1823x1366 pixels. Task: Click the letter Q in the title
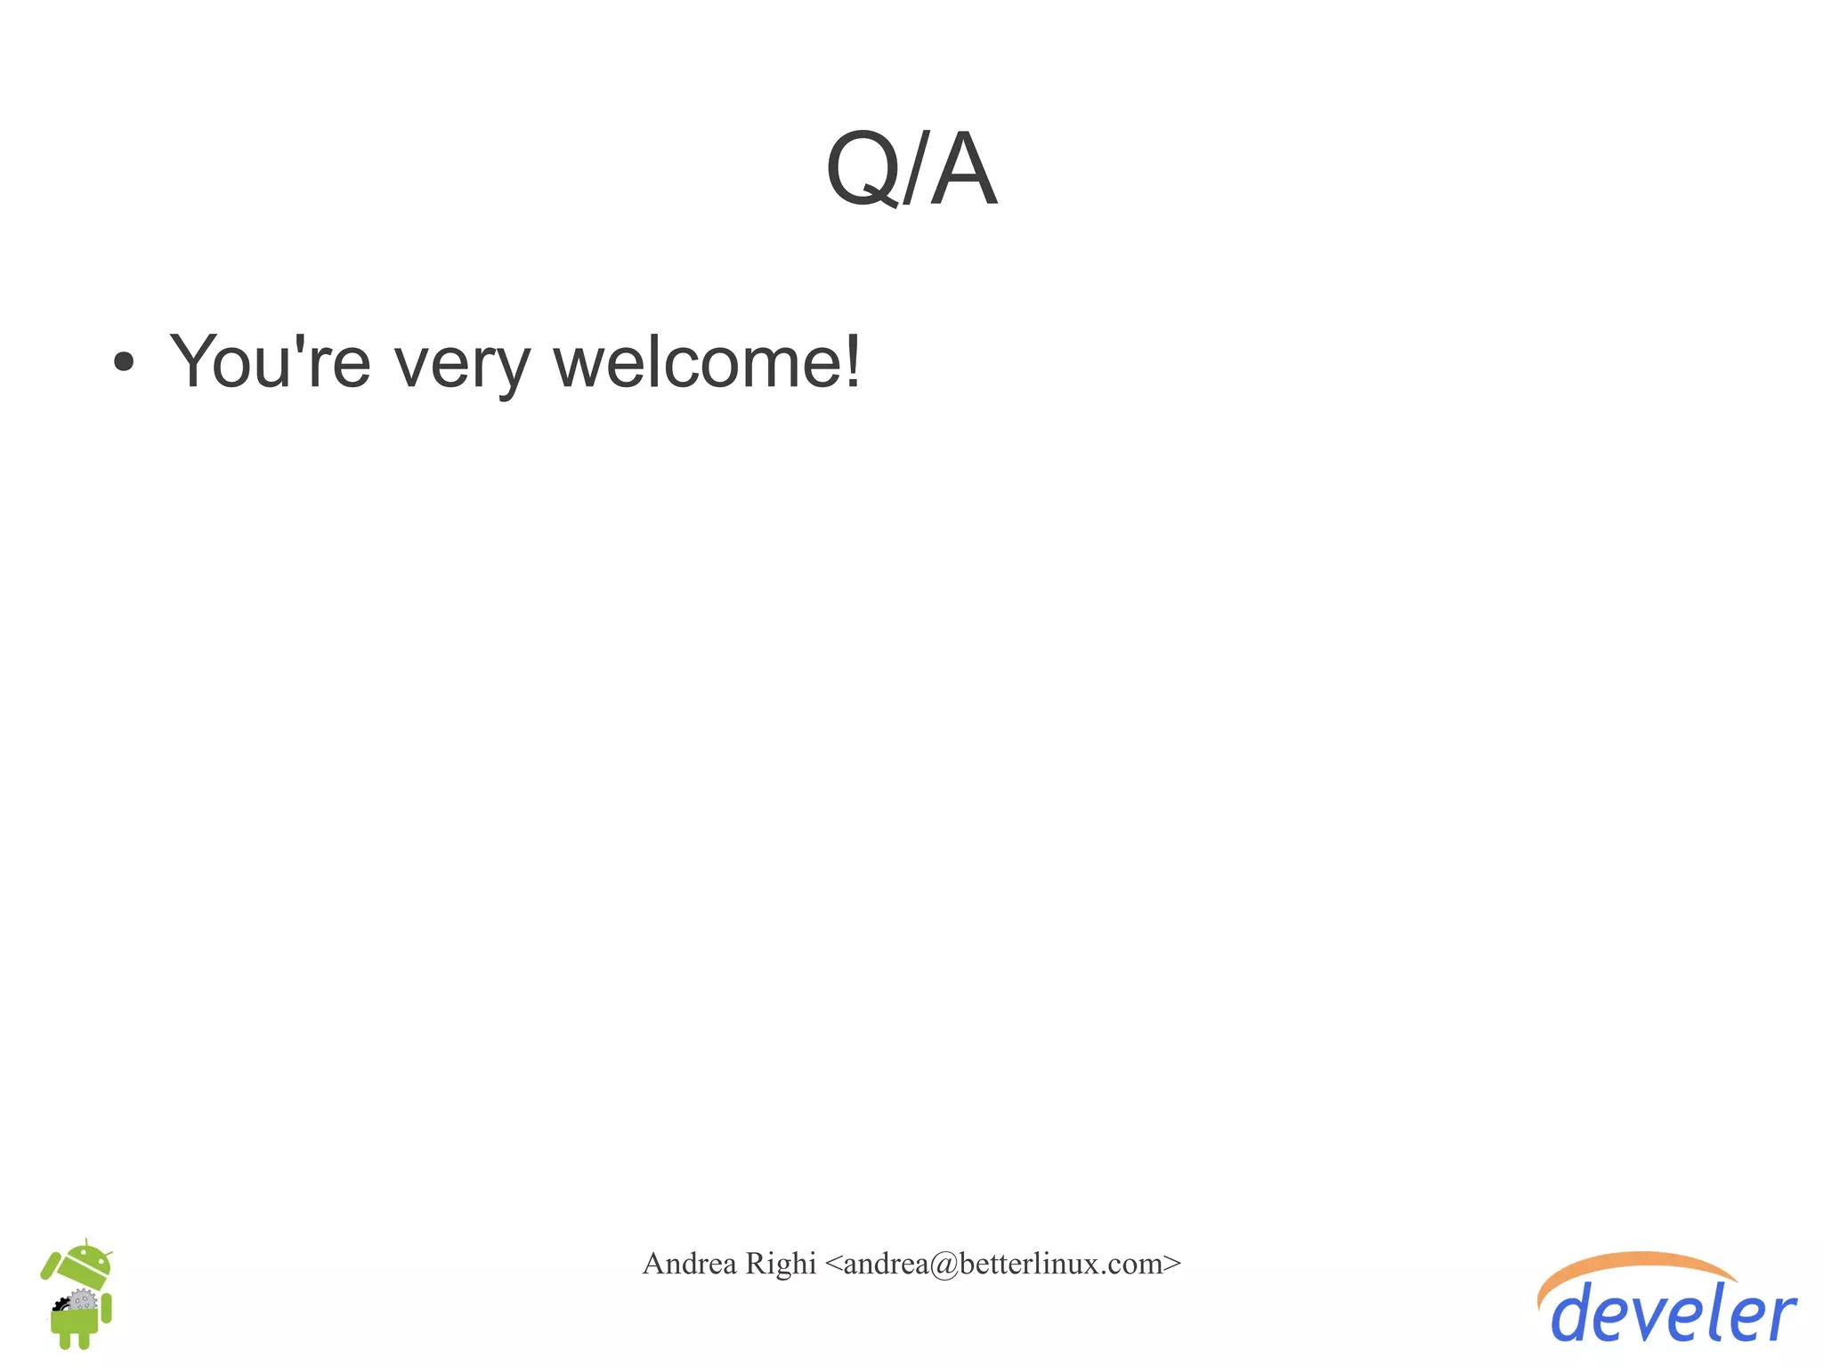click(861, 168)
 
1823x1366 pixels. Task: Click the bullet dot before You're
click(124, 362)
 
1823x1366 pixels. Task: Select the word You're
click(270, 361)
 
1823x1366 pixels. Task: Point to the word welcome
click(694, 361)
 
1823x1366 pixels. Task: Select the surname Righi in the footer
click(780, 1264)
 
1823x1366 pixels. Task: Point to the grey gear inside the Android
click(83, 1300)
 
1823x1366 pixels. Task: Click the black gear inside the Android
click(61, 1305)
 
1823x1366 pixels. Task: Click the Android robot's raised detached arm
click(50, 1265)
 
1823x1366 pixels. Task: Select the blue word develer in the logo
click(1673, 1314)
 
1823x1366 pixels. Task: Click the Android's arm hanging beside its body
click(107, 1308)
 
